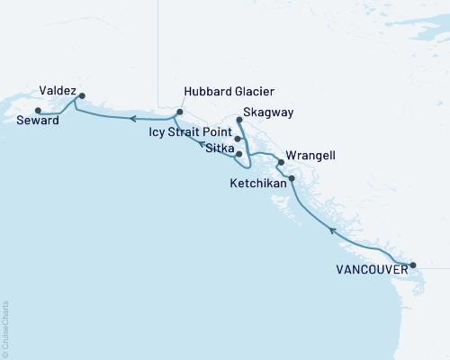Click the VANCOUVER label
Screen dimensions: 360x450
371,268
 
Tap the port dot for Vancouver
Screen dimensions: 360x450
413,265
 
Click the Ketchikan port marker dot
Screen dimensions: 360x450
291,178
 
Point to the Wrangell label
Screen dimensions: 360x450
310,156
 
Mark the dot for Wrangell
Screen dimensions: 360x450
281,163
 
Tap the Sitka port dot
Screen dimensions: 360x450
238,154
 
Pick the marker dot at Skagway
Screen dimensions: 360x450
238,120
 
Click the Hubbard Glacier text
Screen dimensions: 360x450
228,92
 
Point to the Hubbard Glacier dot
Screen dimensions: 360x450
179,112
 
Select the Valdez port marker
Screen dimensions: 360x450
82,95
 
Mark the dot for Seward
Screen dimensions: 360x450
37,111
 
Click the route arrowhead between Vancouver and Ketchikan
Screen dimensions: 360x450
332,231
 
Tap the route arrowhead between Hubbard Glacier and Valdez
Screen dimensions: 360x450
131,118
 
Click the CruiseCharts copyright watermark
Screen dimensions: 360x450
5,329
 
